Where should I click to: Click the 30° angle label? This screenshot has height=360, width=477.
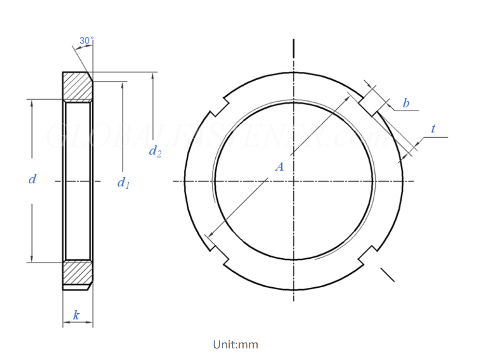(86, 41)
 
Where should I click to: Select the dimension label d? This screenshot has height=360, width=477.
(32, 179)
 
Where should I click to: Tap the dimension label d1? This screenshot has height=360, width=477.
(123, 183)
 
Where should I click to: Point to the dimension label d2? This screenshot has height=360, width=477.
(155, 151)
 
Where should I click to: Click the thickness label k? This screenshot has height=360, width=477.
(76, 316)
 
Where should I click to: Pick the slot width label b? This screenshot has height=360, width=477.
(406, 103)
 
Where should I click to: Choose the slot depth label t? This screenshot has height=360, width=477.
(433, 129)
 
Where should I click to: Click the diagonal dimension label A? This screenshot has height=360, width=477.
(279, 166)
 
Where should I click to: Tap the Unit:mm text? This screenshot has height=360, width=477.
(235, 344)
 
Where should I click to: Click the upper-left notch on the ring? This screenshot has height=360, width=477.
(219, 107)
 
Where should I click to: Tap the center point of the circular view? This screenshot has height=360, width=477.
(294, 181)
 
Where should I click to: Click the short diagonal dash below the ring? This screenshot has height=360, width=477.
(387, 275)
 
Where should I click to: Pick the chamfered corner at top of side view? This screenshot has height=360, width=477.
(90, 77)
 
